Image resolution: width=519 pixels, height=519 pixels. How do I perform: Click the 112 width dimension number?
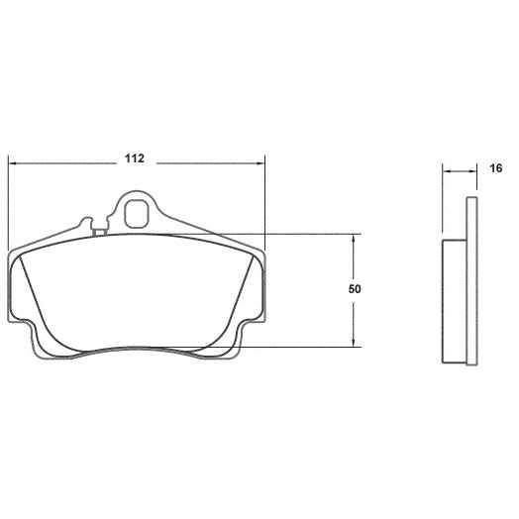click(x=136, y=158)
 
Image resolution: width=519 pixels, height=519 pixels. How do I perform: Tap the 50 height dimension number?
click(x=355, y=289)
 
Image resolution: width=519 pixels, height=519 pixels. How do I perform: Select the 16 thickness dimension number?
click(x=495, y=169)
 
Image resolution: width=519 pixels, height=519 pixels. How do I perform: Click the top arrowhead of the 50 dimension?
click(x=355, y=239)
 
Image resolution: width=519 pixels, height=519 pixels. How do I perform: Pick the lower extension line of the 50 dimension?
click(x=297, y=347)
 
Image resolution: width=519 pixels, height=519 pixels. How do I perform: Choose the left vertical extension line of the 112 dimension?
click(x=8, y=198)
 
